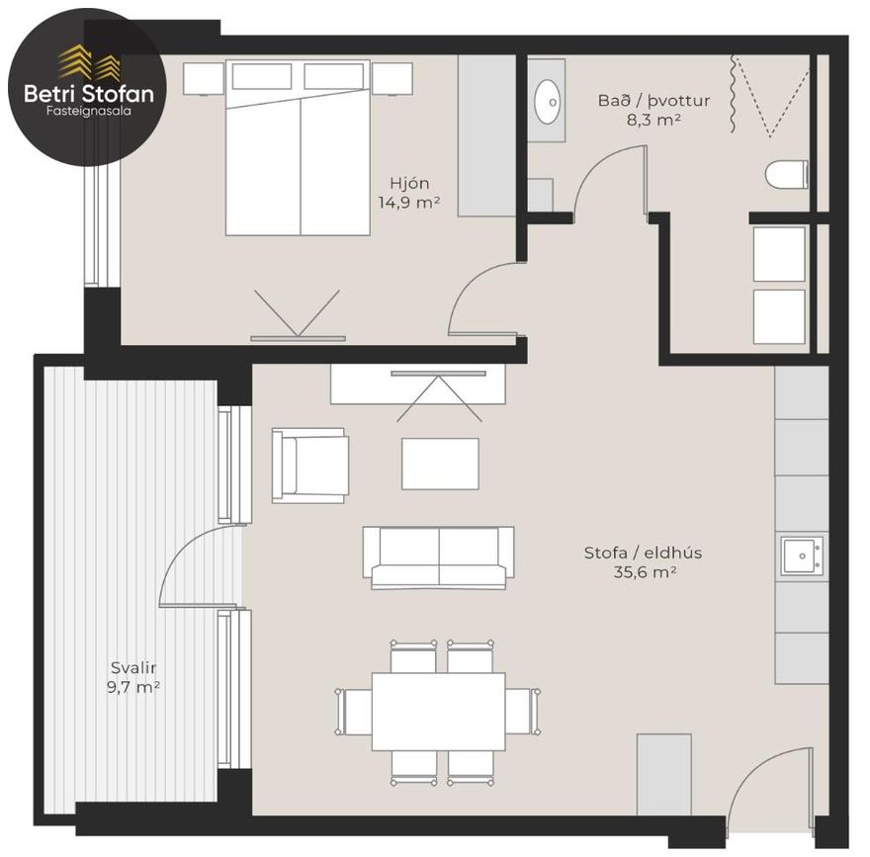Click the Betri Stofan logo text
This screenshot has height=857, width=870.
[89, 93]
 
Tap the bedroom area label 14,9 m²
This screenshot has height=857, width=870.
[409, 203]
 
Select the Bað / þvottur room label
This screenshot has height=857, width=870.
[653, 101]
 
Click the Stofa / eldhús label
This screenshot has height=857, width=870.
[643, 553]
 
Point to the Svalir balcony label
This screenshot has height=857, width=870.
[133, 667]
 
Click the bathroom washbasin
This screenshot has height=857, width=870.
[547, 102]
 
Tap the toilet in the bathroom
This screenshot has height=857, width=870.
[787, 174]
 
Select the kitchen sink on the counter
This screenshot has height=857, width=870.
[802, 556]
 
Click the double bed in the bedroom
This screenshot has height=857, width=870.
[298, 147]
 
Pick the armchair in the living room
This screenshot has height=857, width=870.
[310, 466]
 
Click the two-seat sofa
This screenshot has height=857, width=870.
[438, 557]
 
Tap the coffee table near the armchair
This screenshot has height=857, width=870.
[440, 464]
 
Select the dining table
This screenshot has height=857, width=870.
[438, 712]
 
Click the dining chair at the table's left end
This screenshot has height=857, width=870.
[354, 712]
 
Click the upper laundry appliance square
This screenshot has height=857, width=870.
[779, 254]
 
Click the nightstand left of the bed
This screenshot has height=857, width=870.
[204, 78]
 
